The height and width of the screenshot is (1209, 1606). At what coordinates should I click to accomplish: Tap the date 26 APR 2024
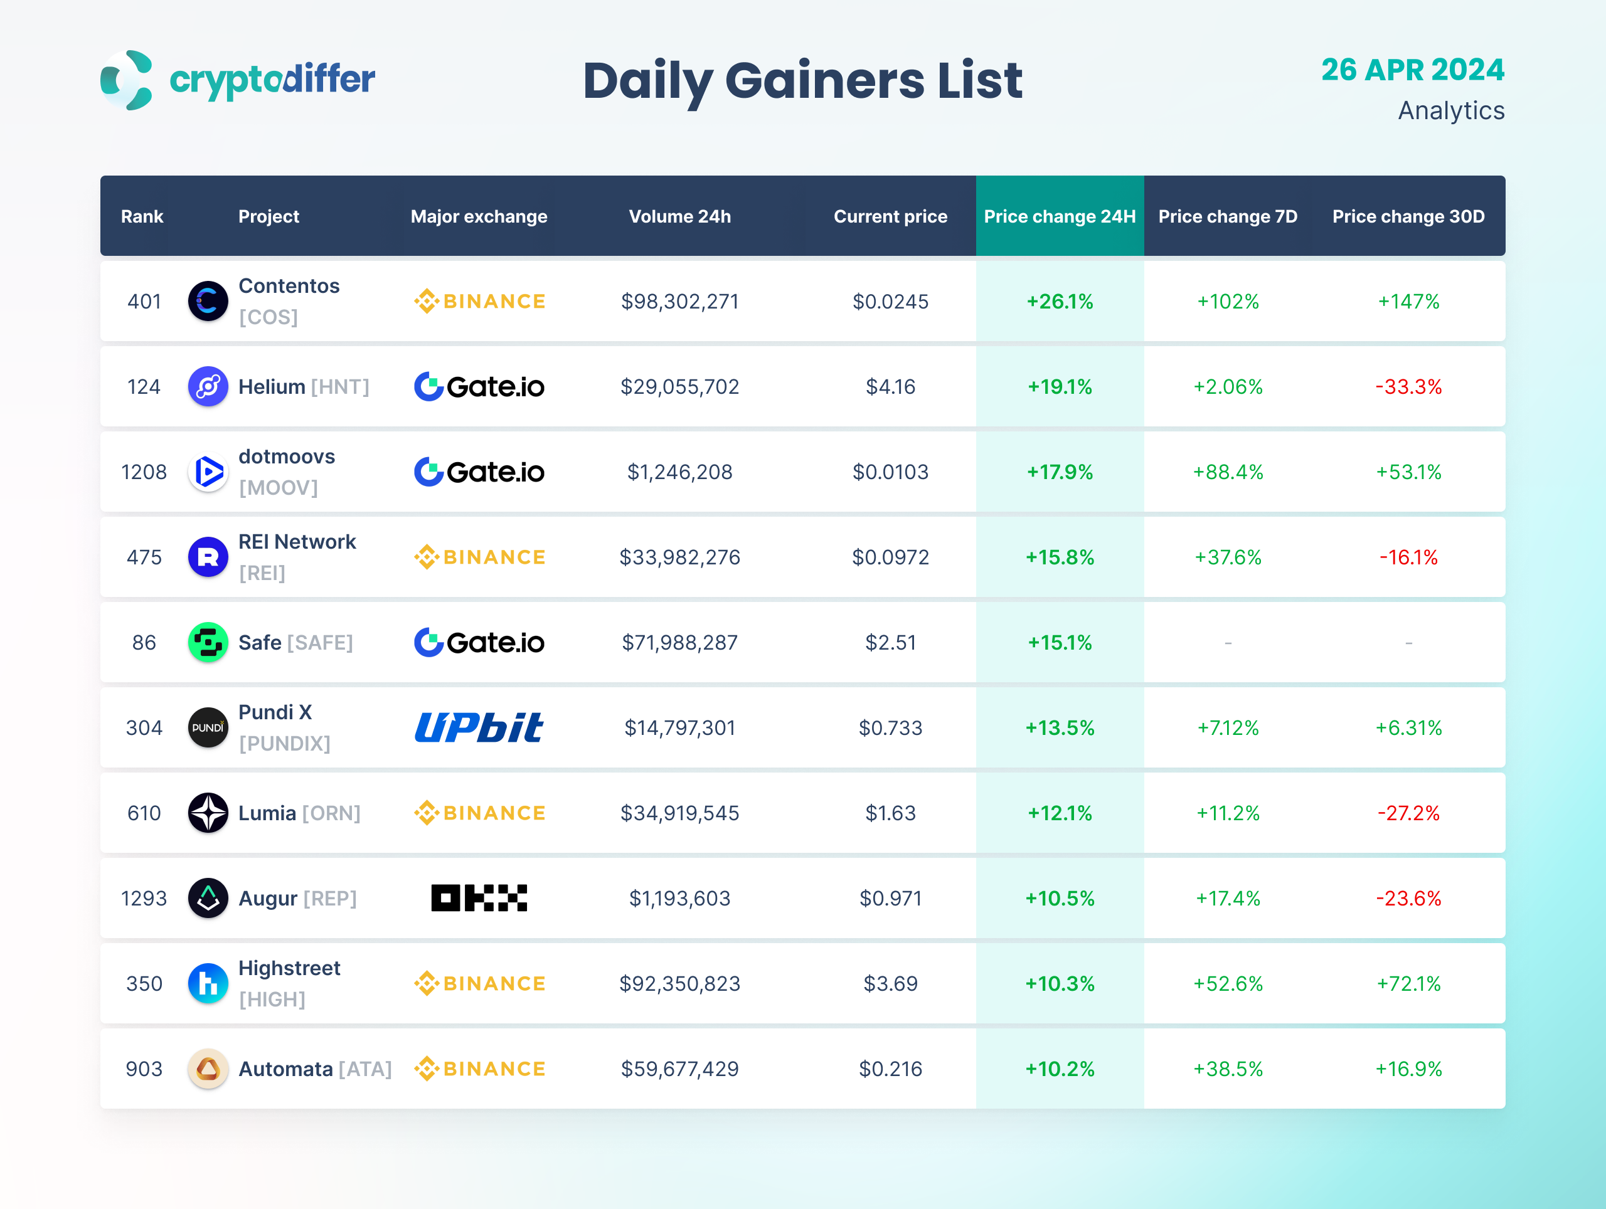pos(1412,70)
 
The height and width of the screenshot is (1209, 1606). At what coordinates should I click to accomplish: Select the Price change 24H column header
pos(1060,216)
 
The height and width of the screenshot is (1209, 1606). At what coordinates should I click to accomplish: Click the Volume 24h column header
pos(679,216)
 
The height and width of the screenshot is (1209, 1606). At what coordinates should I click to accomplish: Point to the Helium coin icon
pos(208,387)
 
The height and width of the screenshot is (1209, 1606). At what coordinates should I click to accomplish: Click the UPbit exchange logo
pos(479,728)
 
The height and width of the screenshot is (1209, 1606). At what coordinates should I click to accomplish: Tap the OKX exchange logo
pos(479,899)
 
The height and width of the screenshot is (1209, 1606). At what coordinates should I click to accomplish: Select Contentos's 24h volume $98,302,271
pos(679,301)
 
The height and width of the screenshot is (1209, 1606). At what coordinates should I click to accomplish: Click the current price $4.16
pos(890,387)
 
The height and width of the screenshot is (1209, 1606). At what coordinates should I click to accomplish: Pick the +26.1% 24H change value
pos(1060,301)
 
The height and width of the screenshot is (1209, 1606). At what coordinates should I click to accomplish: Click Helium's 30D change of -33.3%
pos(1408,387)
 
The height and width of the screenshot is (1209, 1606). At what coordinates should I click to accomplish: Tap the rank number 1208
pos(144,472)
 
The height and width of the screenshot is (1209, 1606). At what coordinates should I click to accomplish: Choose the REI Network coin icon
pos(208,557)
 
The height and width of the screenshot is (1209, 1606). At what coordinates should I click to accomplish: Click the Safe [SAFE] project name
pos(295,643)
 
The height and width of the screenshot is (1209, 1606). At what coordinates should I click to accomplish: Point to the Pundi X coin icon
pos(208,728)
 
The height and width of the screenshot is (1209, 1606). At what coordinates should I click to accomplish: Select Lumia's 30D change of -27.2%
pos(1408,813)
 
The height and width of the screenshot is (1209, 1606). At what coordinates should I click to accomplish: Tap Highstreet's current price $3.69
pos(890,984)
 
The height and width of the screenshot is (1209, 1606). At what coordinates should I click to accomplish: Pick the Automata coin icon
pos(208,1069)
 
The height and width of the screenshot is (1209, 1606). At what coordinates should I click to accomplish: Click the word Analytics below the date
pos(1450,110)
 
